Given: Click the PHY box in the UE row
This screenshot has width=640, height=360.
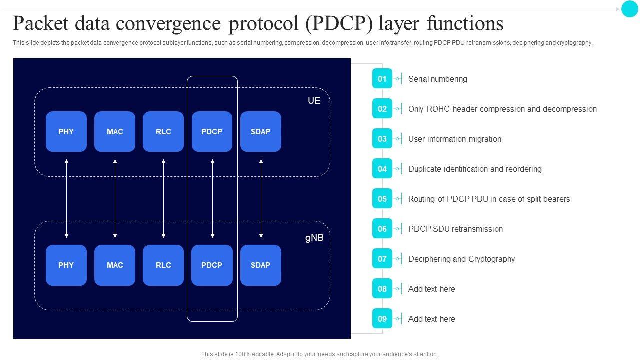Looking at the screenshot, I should click(66, 132).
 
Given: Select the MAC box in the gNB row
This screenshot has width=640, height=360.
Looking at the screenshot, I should click(115, 265).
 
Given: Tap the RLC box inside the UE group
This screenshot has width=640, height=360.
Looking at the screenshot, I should click(163, 132).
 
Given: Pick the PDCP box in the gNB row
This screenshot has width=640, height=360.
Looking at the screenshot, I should click(212, 265).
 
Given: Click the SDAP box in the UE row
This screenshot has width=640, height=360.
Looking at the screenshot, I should click(260, 132).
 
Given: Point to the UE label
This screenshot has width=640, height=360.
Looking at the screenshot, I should click(314, 101).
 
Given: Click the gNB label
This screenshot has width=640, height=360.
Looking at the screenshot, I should click(314, 238).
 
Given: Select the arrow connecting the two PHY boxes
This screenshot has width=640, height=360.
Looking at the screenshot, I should click(66, 198).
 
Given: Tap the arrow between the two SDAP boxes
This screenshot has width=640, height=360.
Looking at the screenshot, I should click(261, 198).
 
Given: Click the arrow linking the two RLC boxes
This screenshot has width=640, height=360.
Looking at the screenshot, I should click(163, 198).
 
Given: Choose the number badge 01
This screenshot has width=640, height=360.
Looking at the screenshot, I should click(382, 79).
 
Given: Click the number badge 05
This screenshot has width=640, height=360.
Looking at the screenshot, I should click(382, 199).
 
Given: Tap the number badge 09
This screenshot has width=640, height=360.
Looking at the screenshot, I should click(382, 319).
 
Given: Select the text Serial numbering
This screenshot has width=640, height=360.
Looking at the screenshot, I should click(437, 79).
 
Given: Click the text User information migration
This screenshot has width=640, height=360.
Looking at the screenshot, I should click(454, 139).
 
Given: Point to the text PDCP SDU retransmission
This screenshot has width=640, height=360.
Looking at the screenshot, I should click(455, 229).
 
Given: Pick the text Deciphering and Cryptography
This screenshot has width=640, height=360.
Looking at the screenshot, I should click(461, 259).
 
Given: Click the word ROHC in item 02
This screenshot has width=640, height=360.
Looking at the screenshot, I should click(438, 109).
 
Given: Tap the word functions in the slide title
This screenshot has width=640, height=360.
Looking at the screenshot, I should click(465, 23).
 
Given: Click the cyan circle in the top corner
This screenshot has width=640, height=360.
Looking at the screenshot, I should click(629, 9).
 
